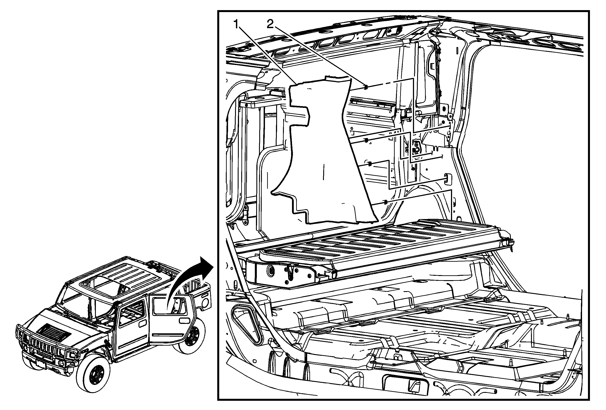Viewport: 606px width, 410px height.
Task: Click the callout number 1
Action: point(236,25)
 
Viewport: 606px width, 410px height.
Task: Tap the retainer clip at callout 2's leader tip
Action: point(366,87)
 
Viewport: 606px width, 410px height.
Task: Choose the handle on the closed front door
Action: point(142,324)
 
